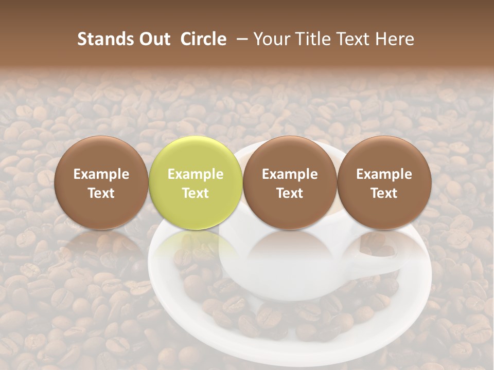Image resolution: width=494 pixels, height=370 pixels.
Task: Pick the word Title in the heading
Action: point(310,39)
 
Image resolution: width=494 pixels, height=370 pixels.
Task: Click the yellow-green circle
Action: point(196,154)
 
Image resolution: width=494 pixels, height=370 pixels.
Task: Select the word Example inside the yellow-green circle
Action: point(196,174)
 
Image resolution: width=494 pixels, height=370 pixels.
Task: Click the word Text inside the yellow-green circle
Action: point(196,193)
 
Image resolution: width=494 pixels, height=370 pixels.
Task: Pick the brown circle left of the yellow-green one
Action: point(101,154)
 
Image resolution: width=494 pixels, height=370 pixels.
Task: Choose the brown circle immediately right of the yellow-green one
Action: point(290,154)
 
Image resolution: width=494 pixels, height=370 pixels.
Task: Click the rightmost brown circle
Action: point(384,154)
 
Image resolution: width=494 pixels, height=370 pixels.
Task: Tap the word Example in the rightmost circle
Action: point(384,174)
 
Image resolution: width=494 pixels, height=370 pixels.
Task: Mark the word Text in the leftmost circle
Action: point(101,193)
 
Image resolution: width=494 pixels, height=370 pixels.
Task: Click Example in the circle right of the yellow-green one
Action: point(290,174)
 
